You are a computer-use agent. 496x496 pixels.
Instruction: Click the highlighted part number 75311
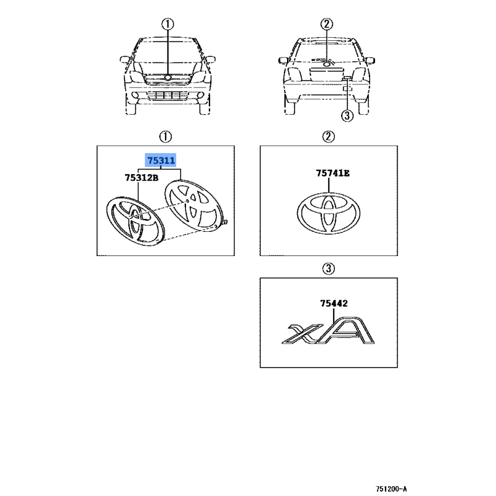point(161,161)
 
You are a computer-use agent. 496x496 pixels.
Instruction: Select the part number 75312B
point(141,178)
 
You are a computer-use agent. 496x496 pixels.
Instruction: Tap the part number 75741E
point(333,173)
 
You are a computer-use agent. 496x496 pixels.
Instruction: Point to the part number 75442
point(334,303)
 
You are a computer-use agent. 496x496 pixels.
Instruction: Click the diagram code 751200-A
point(391,489)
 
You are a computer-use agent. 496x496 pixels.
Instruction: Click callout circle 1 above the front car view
point(167,24)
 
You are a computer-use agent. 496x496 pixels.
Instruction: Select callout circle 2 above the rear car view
point(327,24)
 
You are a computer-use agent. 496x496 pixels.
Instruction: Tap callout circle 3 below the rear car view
point(347,115)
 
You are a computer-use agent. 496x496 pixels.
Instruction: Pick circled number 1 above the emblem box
point(166,136)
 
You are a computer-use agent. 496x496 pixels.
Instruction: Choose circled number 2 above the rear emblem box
point(329,136)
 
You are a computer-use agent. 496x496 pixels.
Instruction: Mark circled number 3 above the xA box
point(329,268)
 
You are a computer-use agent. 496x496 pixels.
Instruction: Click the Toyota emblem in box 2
point(329,213)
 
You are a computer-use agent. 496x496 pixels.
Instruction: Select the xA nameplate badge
point(328,330)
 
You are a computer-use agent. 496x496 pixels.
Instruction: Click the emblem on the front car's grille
point(167,77)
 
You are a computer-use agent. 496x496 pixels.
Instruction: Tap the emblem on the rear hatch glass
point(327,64)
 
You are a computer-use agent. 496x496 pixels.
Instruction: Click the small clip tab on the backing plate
point(225,222)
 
